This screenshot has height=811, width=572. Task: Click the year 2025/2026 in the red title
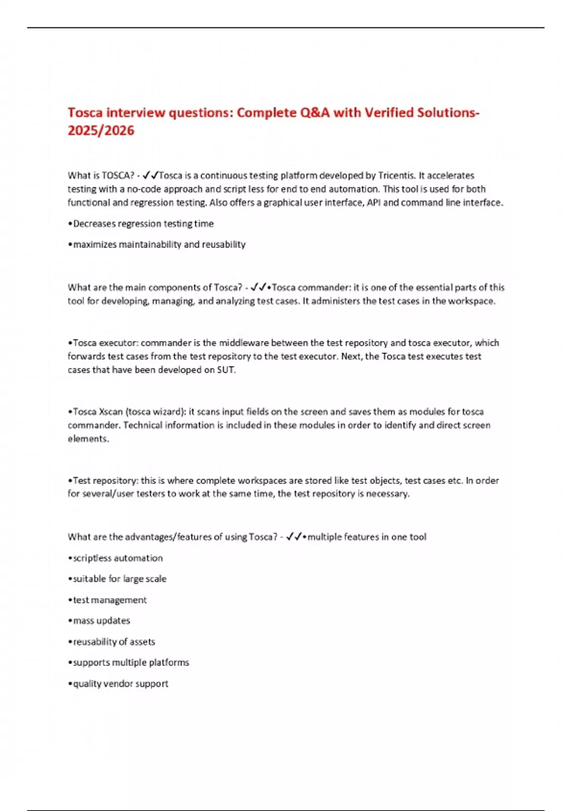coord(101,130)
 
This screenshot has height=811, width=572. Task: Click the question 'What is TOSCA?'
coord(101,176)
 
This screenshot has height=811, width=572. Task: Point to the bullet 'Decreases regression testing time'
coord(143,224)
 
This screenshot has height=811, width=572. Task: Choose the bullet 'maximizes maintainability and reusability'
coord(159,245)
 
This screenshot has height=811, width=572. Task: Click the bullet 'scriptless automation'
coord(117,558)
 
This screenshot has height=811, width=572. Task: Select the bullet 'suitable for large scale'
coord(119,579)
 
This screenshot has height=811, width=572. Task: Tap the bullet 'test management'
coord(110,600)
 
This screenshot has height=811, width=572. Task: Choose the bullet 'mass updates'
coord(101,621)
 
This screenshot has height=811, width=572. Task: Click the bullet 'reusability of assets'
coord(113,642)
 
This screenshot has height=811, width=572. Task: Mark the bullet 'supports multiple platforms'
coord(131,663)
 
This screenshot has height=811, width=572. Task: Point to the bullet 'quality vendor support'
coord(120,684)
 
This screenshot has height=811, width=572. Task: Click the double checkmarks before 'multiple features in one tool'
coord(294,537)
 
